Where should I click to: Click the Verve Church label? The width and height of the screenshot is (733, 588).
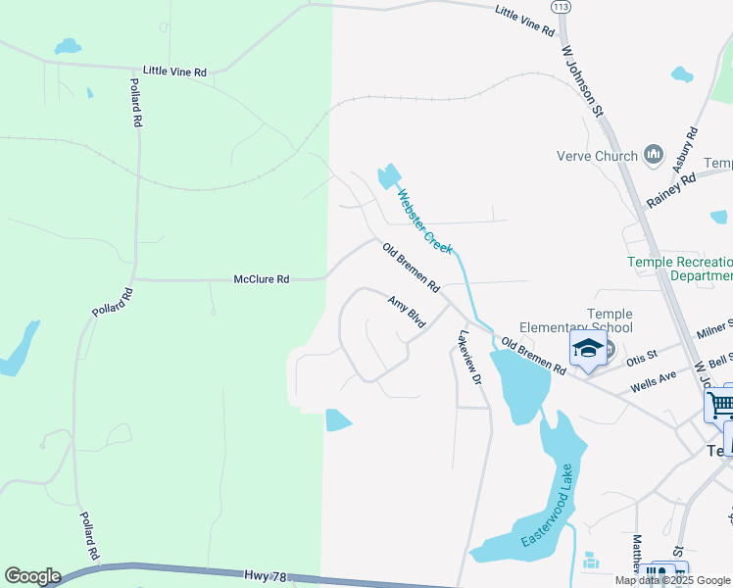597,155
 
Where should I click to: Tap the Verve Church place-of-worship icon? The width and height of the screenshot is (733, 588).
654,155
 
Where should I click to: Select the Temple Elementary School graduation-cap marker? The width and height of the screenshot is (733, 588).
588,349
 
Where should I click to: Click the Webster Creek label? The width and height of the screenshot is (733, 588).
424,221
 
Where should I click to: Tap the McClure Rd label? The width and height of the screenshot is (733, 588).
262,279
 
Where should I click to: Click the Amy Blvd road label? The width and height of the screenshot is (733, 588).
407,312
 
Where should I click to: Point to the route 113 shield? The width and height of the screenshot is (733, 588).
561,7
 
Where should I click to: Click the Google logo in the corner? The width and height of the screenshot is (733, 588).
32,576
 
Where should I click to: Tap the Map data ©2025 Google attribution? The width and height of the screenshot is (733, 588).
672,580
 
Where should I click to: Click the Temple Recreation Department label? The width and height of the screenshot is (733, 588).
680,269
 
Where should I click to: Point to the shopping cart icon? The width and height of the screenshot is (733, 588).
719,404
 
